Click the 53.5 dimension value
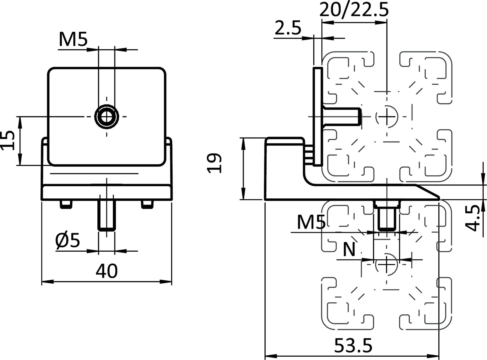[x=353, y=346]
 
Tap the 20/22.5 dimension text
[x=354, y=11]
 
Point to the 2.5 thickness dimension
[x=288, y=28]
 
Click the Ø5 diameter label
[x=68, y=241]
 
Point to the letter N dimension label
[x=349, y=250]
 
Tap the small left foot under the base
[x=66, y=204]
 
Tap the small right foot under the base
[x=147, y=204]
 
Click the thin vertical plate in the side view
[x=317, y=116]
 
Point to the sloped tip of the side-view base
[x=428, y=192]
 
